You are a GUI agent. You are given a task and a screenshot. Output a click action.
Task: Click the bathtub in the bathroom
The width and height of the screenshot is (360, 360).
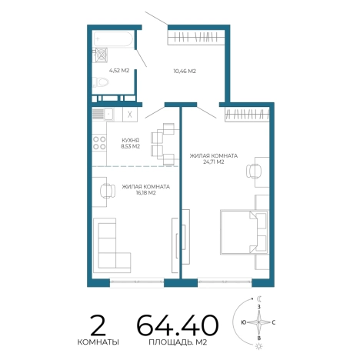coord(113,38)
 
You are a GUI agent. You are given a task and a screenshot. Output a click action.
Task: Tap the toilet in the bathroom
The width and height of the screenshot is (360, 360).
coord(101,82)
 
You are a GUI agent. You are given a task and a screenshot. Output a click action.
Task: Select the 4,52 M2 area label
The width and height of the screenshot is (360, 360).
coord(119,71)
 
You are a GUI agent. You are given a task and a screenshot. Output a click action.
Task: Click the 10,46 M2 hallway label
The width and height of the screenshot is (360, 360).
coord(185,71)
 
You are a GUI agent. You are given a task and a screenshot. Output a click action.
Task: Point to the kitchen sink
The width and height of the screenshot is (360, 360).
coord(103,115)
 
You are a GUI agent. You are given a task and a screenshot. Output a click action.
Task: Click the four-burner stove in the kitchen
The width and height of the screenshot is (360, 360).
coord(99,143)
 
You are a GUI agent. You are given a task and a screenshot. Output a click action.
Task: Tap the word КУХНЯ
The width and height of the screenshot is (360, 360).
coord(131,140)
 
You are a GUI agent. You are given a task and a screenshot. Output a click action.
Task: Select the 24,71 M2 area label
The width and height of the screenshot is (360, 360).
coord(214,162)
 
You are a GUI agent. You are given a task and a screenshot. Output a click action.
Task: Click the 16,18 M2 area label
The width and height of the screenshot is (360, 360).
coord(146,193)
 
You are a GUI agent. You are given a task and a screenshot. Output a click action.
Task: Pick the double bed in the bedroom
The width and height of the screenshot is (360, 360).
coord(245,232)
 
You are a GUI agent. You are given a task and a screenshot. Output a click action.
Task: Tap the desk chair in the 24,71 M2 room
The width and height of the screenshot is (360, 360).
coord(254,171)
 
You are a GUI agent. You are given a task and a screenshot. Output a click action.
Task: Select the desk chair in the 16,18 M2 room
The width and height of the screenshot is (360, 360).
coord(108,191)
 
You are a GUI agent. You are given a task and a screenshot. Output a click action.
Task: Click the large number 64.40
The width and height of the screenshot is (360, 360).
coord(178,325)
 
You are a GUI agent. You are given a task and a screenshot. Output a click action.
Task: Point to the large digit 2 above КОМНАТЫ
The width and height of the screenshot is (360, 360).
coord(98,325)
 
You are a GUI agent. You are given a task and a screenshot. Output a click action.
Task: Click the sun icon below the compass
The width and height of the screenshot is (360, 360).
coord(259,346)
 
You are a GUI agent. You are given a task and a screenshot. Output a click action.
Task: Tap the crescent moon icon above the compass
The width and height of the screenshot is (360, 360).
coord(260,298)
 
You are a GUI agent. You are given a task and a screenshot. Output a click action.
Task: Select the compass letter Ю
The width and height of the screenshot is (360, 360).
coord(244,322)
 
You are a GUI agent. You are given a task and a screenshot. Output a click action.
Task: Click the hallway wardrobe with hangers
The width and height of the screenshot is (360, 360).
coord(196,38)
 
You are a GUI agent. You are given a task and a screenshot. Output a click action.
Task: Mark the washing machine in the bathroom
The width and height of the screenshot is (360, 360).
coord(102,55)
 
